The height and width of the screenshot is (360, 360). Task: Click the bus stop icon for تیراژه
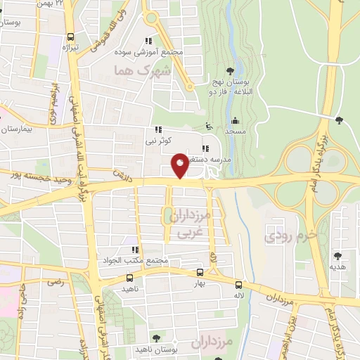coord(70,38)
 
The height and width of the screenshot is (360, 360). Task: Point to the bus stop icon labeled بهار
coord(200,272)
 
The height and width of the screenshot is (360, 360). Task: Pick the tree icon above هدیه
coord(337,256)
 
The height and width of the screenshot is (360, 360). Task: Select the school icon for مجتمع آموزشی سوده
coord(148,41)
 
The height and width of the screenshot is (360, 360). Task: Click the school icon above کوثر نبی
coord(157,129)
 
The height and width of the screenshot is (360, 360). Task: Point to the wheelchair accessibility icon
coord(207,127)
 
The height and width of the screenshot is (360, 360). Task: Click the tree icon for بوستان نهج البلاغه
coord(230,70)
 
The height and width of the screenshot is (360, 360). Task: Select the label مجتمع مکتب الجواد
coord(134,260)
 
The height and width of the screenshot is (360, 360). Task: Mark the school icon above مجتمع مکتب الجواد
coord(134,250)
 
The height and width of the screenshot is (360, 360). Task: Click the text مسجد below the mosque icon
coord(235,131)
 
